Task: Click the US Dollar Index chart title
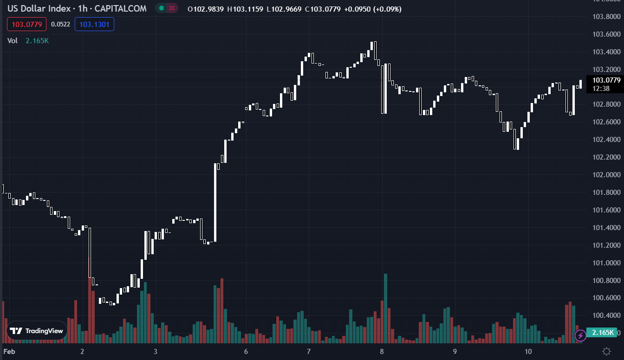click(77, 8)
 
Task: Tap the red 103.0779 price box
click(27, 24)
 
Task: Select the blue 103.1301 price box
click(94, 24)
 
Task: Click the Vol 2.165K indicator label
click(28, 40)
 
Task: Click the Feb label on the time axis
click(9, 351)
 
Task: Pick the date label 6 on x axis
click(246, 351)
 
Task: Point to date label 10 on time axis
click(528, 351)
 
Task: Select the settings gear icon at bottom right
click(606, 351)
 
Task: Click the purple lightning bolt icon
click(580, 335)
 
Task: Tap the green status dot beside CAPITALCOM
click(161, 8)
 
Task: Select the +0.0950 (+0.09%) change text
click(373, 9)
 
